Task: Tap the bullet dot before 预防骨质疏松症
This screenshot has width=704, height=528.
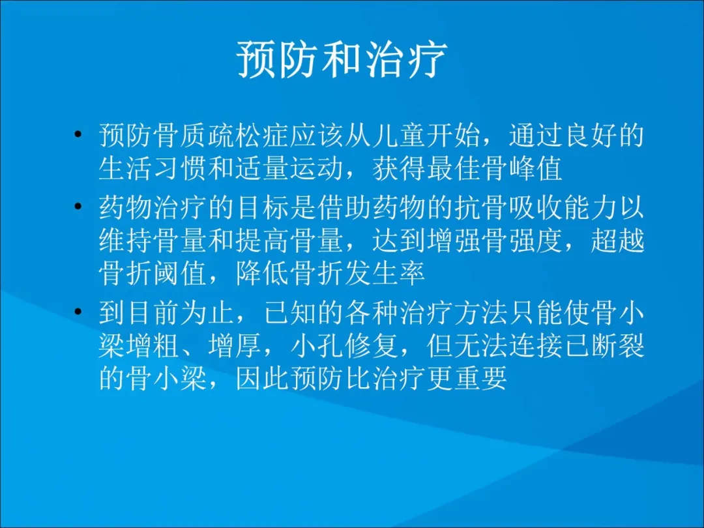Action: point(78,134)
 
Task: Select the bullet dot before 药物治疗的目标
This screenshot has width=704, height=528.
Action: point(78,206)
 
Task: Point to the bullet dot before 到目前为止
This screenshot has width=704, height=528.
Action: point(78,311)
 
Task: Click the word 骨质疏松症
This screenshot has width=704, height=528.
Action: point(222,135)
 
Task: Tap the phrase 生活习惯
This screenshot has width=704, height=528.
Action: point(153,169)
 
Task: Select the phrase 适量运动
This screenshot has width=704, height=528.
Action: point(289,169)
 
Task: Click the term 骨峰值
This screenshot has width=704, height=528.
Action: point(522,169)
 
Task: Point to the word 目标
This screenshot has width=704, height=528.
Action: point(262,207)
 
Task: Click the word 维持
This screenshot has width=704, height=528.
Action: point(126,242)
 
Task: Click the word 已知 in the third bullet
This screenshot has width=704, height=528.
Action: point(289,312)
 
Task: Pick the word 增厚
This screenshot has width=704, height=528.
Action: point(235,346)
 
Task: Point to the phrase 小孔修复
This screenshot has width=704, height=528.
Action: point(344,346)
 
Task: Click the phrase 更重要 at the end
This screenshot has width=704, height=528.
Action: point(467,378)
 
